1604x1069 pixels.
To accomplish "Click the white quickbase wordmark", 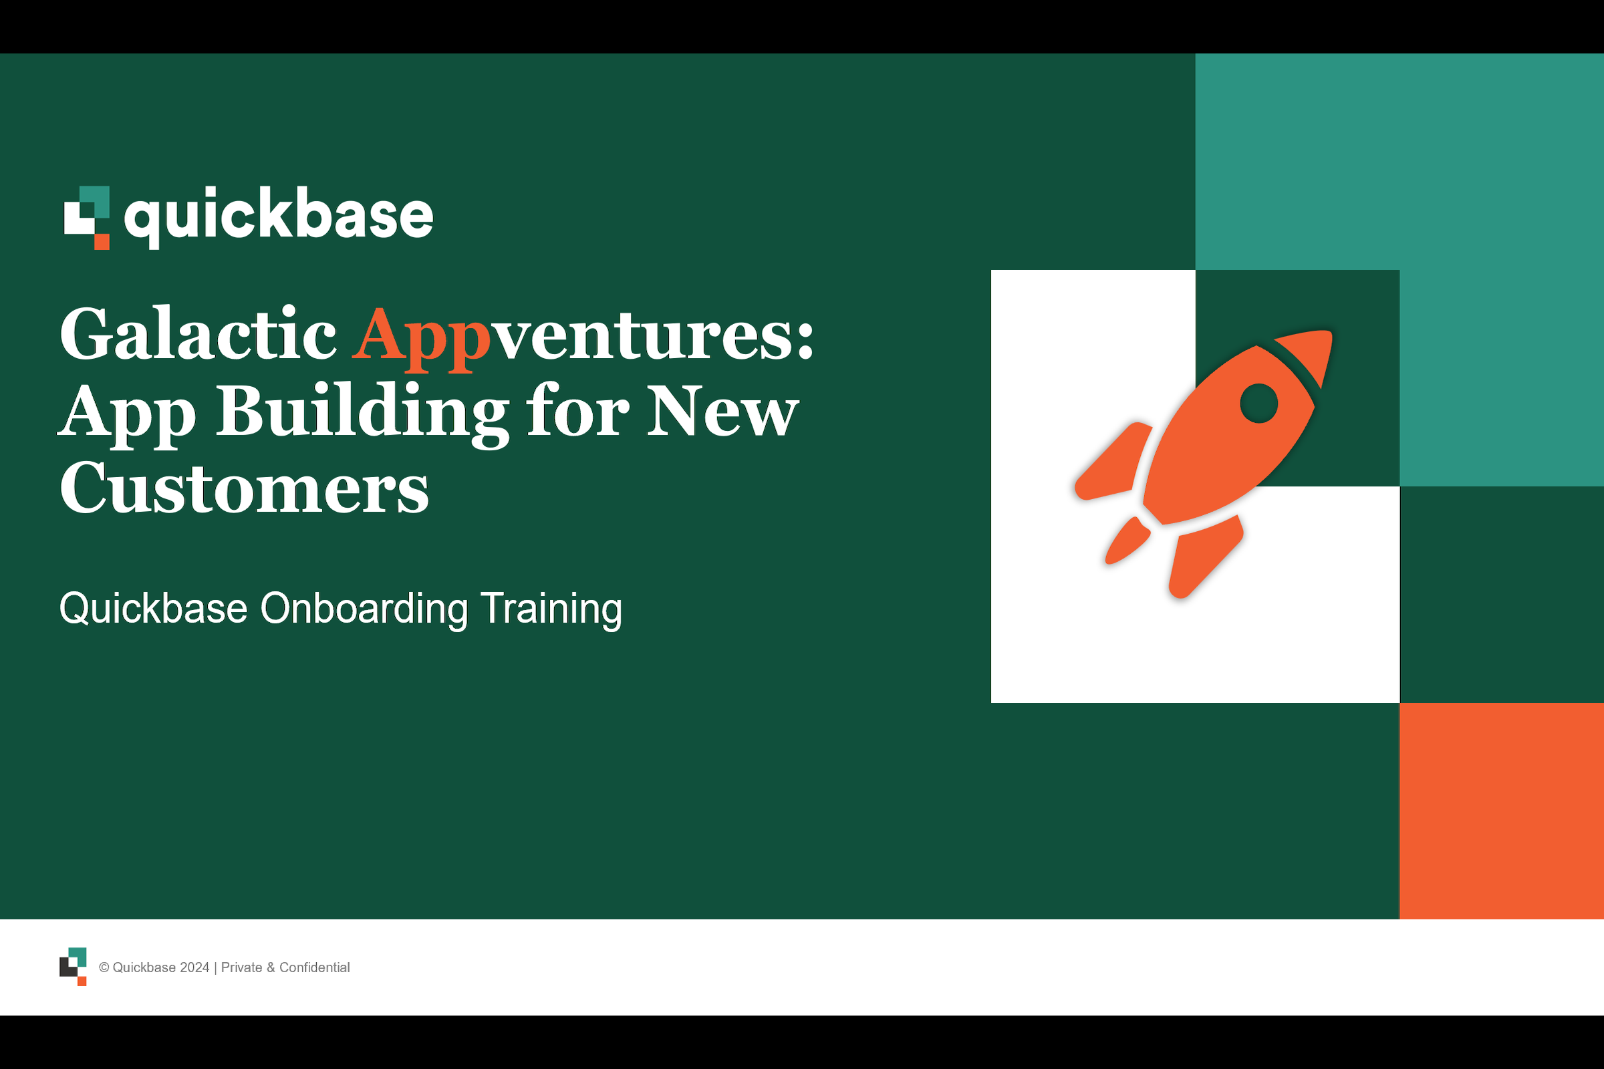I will (x=278, y=215).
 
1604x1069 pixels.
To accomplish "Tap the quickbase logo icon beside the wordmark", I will (x=88, y=218).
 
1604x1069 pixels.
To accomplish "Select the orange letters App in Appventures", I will (x=421, y=335).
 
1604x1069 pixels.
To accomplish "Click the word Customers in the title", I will (x=244, y=488).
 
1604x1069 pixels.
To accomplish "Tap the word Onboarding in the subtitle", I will (x=364, y=608).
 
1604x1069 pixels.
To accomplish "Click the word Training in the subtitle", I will (x=551, y=608).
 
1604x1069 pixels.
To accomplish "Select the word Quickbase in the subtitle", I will (x=154, y=608).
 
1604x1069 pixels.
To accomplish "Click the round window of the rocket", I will (x=1259, y=404).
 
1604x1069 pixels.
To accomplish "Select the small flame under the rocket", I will (x=1127, y=541).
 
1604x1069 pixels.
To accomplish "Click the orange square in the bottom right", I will (x=1501, y=810).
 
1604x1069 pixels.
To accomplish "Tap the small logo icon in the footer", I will (x=73, y=967).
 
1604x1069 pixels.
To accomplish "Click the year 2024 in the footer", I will (x=194, y=967).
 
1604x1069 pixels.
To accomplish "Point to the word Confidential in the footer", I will (x=314, y=967).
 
